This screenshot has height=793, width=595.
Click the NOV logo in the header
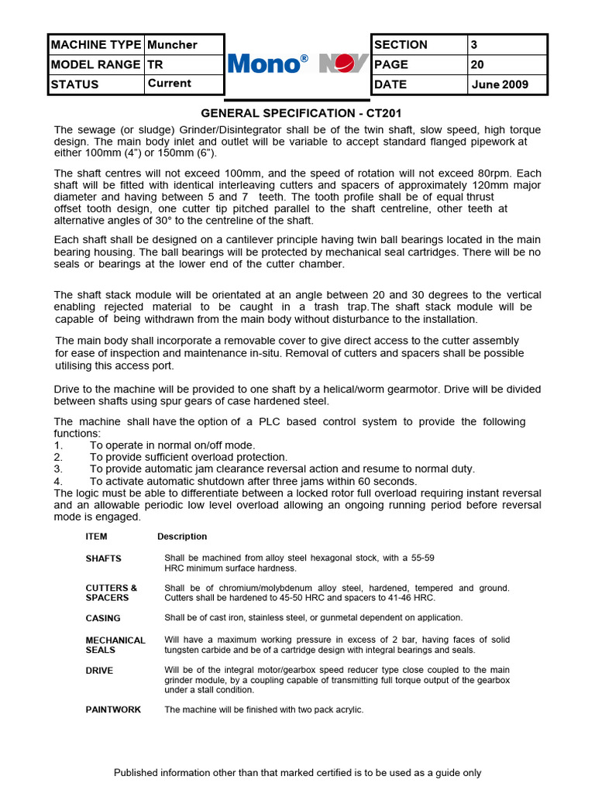[343, 64]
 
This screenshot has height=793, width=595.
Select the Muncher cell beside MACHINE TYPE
[184, 45]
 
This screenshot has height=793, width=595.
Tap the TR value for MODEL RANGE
[184, 64]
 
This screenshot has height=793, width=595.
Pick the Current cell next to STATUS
[184, 84]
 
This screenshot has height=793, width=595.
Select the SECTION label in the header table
[419, 45]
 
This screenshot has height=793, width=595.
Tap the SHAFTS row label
[103, 558]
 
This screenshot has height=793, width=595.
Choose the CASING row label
[103, 618]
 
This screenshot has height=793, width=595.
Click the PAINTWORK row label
[113, 709]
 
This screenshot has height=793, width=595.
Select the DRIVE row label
[99, 670]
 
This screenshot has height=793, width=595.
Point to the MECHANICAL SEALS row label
[115, 645]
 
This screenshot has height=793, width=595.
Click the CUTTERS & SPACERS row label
[112, 592]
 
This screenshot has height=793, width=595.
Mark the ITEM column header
[96, 536]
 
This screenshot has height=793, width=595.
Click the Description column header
[182, 536]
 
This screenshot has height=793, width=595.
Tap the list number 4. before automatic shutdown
[58, 481]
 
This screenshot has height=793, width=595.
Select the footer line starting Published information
[297, 772]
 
